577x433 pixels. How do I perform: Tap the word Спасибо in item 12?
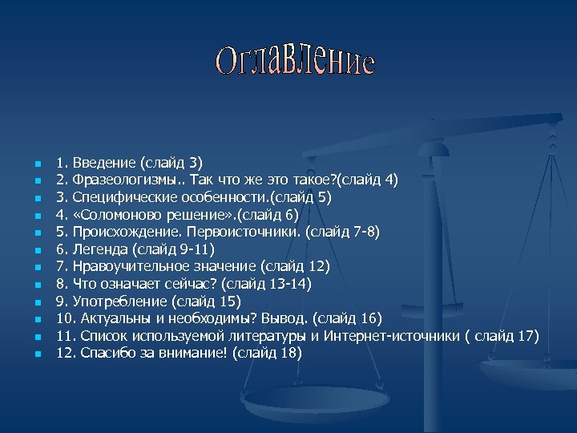(107, 354)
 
